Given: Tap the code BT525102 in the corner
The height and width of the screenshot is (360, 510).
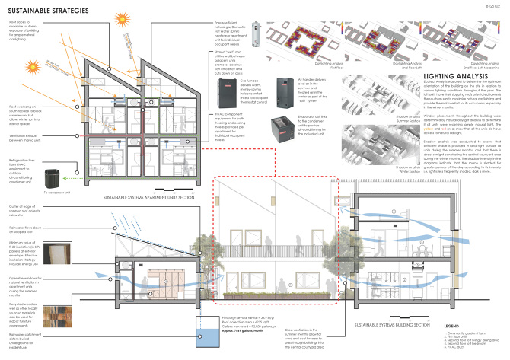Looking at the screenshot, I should tap(494, 5).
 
